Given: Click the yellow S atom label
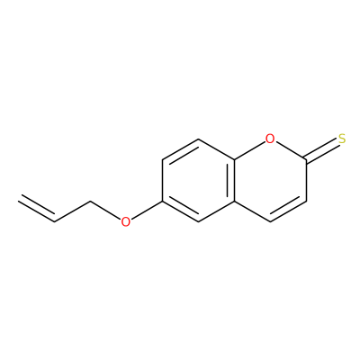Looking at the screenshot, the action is point(342,139).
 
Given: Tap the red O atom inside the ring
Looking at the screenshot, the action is point(270,139).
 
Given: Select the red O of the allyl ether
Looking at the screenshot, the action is point(126,221).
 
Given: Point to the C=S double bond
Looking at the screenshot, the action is point(322,151).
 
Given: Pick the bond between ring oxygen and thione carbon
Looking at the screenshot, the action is point(291,150).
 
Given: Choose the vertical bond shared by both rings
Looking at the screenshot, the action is point(233,180).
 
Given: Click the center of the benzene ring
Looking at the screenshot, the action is point(198,180).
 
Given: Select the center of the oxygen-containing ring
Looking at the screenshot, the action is point(270,180).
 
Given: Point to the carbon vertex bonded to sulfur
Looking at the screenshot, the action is point(306,159).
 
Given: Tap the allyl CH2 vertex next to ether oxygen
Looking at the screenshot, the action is point(90,201).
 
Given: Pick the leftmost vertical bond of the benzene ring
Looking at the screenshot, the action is point(162,180).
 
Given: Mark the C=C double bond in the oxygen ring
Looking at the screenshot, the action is point(287,210).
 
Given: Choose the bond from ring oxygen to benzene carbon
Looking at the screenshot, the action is point(249,150).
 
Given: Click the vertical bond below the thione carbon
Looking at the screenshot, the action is point(306,180).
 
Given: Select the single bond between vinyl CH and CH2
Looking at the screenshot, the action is point(72,211).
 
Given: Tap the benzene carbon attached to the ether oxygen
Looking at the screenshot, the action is point(162,201).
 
